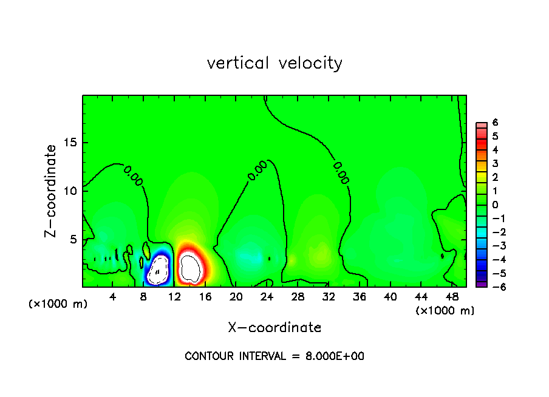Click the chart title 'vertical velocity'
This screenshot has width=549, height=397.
pyautogui.click(x=274, y=63)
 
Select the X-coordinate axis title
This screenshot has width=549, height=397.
pyautogui.click(x=274, y=328)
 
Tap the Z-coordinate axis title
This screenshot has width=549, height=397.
pyautogui.click(x=51, y=191)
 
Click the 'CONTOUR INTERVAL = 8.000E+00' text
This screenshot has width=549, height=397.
pyautogui.click(x=274, y=356)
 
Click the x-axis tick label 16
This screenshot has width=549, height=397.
pyautogui.click(x=205, y=297)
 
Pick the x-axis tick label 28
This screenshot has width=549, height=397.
pyautogui.click(x=298, y=297)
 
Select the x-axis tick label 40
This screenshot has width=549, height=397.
pyautogui.click(x=390, y=297)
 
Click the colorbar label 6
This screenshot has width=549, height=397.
pyautogui.click(x=495, y=123)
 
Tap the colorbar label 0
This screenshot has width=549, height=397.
pyautogui.click(x=495, y=205)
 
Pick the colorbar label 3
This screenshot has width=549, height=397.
pyautogui.click(x=495, y=163)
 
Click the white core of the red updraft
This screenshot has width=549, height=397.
pyautogui.click(x=191, y=268)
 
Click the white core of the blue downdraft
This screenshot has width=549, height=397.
pyautogui.click(x=159, y=268)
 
